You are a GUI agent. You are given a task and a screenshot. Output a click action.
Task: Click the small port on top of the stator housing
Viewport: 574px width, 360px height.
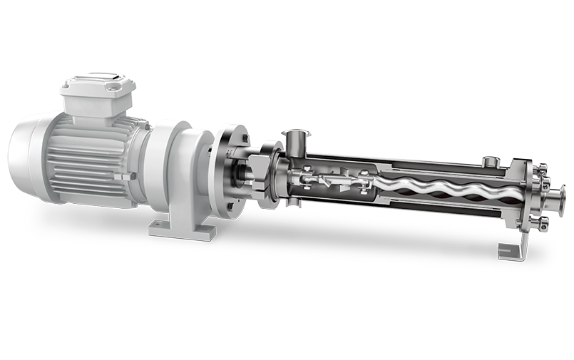(x=489, y=162)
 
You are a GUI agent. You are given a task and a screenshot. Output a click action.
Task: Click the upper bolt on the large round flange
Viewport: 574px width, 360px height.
(x=238, y=135)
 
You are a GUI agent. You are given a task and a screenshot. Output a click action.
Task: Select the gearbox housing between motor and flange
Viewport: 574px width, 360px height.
(x=178, y=171)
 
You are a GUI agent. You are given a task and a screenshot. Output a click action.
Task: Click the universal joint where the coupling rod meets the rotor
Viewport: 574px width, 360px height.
(x=363, y=181)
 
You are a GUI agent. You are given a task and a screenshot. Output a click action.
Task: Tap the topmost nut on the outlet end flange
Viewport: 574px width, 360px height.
(x=540, y=168)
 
